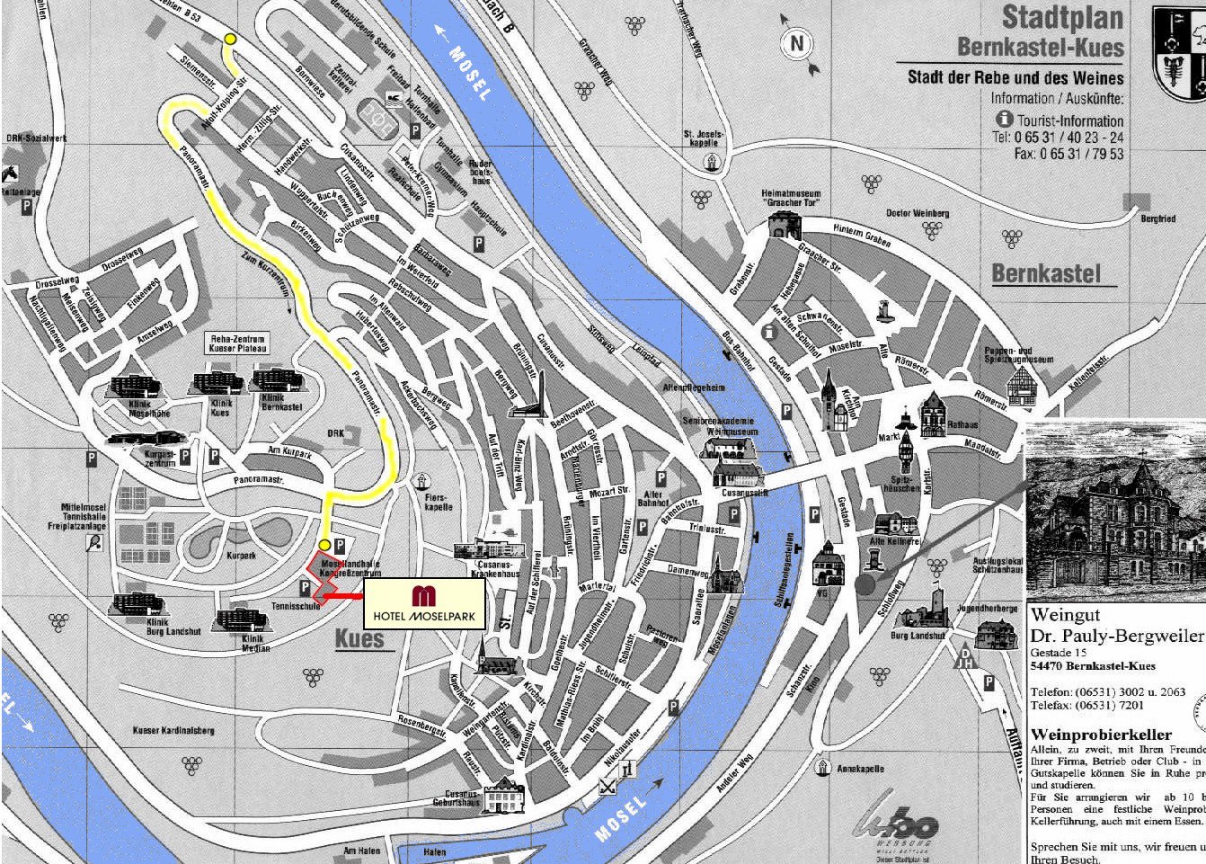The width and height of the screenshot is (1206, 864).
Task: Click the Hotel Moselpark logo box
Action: [x=424, y=603]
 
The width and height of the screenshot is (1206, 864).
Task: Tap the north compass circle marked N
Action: [x=797, y=42]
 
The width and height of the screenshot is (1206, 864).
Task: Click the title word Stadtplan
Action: [x=1062, y=17]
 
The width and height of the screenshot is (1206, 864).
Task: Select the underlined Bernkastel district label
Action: [x=1046, y=273]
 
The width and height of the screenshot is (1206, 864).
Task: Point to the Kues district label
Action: [x=359, y=639]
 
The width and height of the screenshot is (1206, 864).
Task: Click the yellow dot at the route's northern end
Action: [x=231, y=39]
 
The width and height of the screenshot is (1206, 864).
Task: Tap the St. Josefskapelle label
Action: [x=703, y=138]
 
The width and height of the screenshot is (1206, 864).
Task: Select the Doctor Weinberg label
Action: [x=918, y=213]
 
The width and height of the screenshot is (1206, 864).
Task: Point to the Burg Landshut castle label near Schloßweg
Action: [x=918, y=636]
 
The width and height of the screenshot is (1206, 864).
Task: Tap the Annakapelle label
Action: [x=860, y=769]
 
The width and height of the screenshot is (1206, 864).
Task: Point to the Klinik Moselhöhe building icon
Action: [x=135, y=387]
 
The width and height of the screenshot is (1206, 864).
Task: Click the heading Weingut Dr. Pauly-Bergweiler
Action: [x=1114, y=626]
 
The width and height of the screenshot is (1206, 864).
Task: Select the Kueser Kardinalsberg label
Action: [x=173, y=730]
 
